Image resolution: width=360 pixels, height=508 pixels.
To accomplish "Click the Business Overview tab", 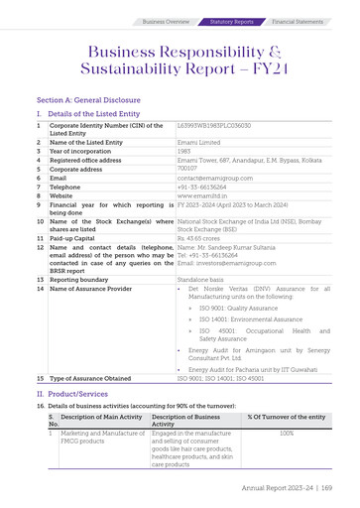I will coord(167,21).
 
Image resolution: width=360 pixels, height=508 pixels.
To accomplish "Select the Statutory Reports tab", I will coord(232,21).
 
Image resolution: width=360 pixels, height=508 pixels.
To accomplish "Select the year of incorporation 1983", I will coord(184,149).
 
